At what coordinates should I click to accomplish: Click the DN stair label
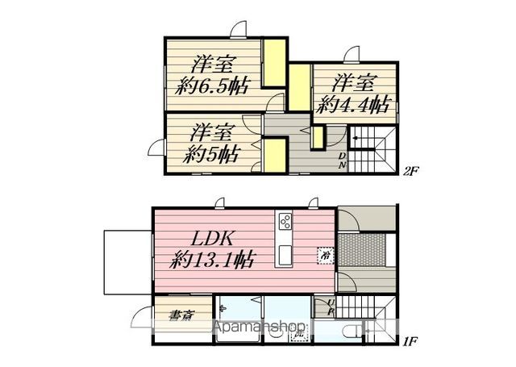pyautogui.click(x=341, y=160)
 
